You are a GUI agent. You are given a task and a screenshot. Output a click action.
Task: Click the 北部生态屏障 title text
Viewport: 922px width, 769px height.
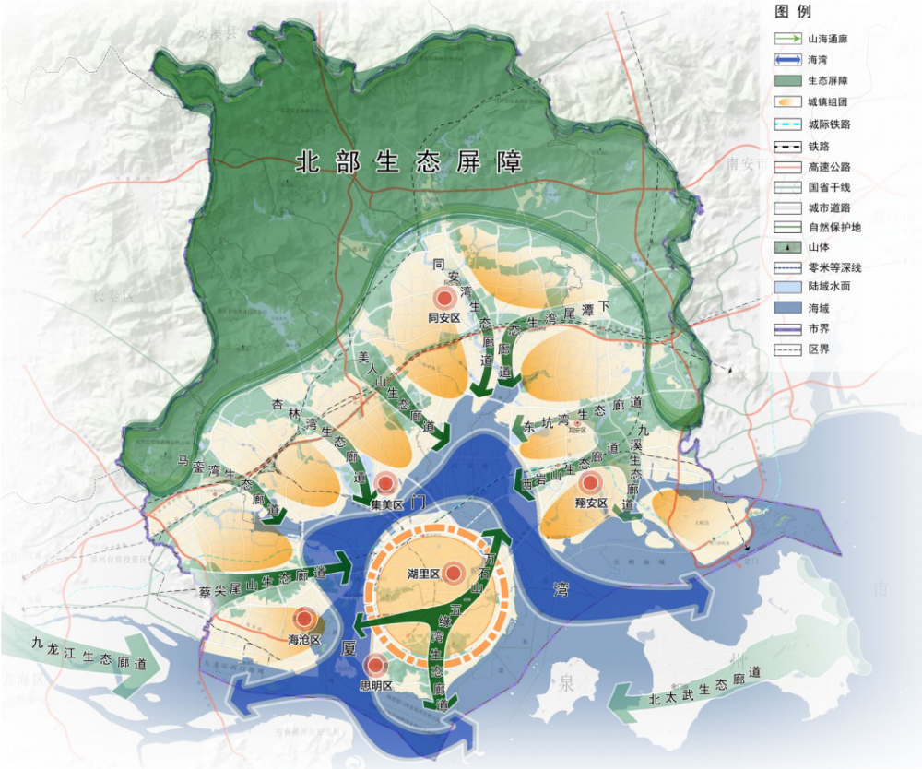pos(408,163)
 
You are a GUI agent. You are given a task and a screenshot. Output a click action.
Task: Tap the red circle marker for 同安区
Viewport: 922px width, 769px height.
pos(444,298)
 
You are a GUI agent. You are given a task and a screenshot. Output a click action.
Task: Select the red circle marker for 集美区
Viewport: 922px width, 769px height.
pos(386,482)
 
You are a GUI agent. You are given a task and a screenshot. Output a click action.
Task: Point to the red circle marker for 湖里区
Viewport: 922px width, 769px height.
pos(453,574)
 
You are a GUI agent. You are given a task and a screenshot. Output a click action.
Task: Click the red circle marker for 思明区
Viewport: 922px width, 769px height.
pos(375,665)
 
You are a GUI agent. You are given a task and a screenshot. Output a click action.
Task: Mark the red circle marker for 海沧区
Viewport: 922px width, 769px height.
pos(304,619)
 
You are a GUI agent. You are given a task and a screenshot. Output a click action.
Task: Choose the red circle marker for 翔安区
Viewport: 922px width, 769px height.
pos(589,482)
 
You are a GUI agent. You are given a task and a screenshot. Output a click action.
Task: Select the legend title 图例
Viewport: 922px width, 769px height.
pos(792,13)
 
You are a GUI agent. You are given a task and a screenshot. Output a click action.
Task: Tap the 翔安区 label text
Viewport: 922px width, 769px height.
pos(590,503)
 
